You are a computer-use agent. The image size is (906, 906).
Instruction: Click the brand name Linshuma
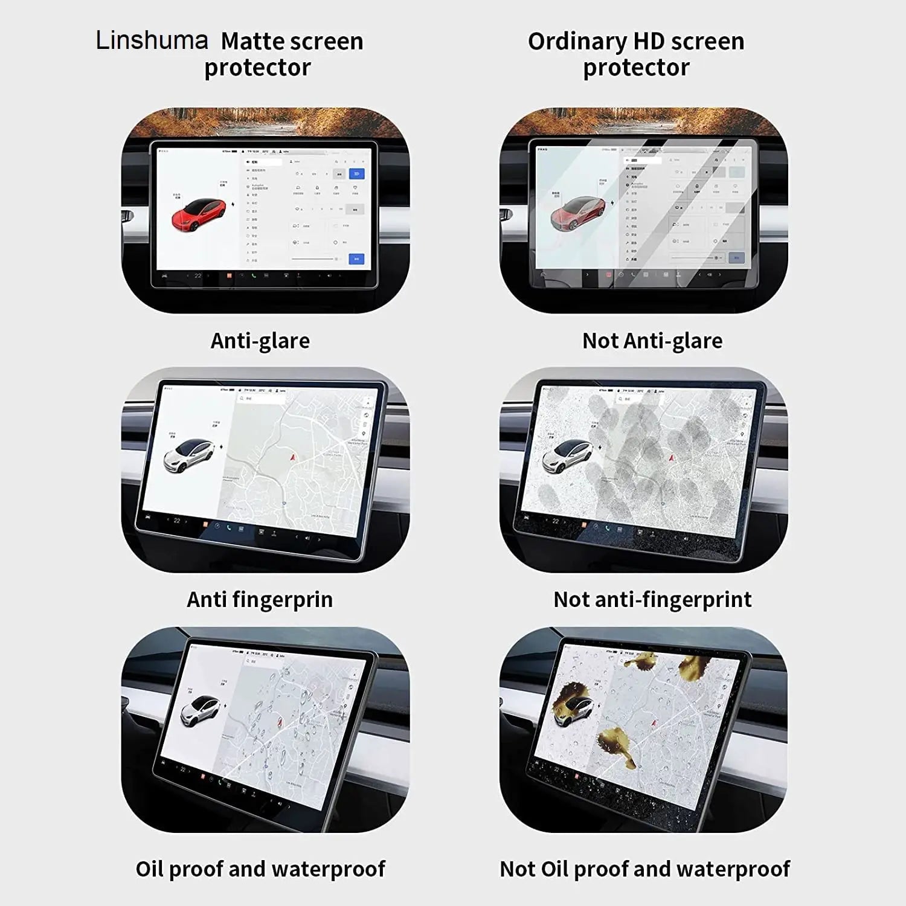click(152, 40)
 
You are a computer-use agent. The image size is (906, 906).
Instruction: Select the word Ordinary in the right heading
click(577, 42)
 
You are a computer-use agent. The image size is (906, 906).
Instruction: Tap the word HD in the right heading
click(649, 41)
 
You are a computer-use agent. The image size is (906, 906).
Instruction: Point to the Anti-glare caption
click(260, 341)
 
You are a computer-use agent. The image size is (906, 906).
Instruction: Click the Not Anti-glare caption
click(652, 341)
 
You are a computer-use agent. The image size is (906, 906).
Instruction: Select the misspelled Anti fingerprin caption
click(260, 600)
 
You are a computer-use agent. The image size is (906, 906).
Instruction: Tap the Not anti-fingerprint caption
click(652, 600)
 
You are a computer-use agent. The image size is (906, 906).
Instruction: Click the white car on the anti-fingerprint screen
click(188, 455)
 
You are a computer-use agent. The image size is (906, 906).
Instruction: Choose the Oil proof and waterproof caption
click(260, 869)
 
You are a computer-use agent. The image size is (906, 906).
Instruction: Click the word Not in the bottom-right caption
click(518, 869)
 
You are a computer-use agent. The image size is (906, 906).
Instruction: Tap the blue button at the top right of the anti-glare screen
click(356, 174)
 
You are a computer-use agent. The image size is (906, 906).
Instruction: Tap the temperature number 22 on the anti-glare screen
click(198, 276)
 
